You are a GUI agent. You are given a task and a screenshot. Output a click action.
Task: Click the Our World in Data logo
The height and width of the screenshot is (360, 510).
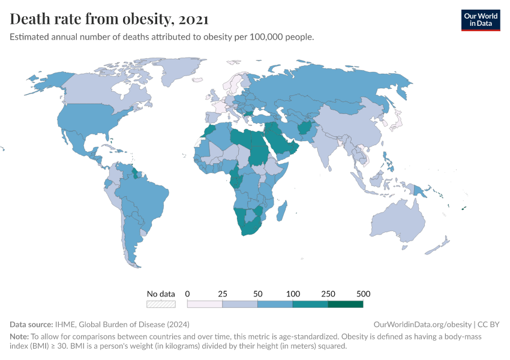pos(480,20)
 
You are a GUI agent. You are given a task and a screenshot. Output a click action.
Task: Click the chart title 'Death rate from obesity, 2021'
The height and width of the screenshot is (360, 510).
pos(110,19)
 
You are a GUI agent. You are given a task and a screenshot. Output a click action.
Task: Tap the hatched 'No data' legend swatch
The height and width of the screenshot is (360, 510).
pos(161,304)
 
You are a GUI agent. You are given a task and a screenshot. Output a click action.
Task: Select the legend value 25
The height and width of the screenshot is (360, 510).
pos(223,294)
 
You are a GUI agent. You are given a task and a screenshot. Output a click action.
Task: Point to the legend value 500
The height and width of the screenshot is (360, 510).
pos(363,294)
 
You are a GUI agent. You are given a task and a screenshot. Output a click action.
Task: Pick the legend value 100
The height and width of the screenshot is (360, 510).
pos(293,294)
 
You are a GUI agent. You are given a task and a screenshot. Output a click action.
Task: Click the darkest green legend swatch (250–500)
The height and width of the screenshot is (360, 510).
pos(346,304)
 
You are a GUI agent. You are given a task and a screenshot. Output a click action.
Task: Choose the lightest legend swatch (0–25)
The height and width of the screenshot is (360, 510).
pos(205,304)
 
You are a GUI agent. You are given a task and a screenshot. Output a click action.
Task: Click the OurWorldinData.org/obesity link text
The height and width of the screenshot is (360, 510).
pos(422,325)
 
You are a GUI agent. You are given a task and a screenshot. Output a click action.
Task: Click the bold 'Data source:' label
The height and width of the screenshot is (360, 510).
pos(31,325)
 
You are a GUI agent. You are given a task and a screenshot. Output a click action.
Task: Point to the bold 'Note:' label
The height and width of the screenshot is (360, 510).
pos(20,337)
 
